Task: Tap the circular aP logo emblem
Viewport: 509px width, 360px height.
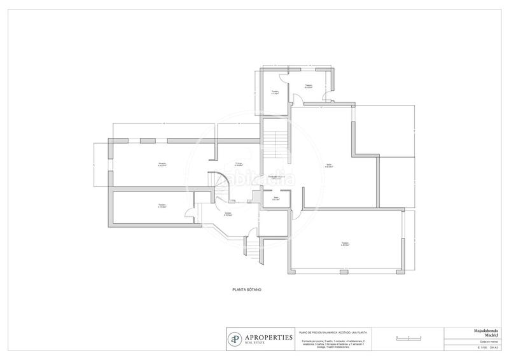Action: point(236,338)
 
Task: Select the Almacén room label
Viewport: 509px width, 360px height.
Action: point(162,164)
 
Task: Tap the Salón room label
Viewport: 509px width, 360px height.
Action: point(329,165)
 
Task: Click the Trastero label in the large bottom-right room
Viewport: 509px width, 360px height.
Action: point(344,244)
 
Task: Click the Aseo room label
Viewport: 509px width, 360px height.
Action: point(276,198)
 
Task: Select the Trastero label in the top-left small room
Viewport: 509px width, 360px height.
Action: point(275,92)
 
